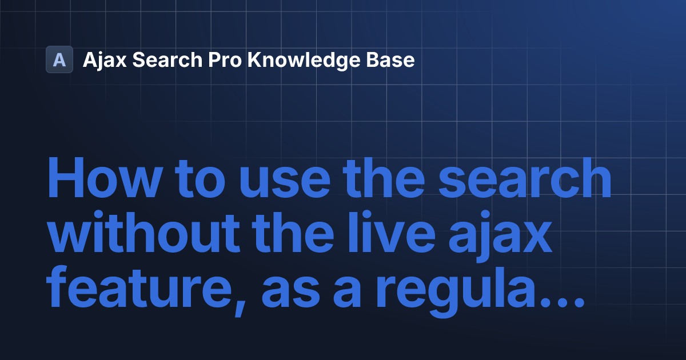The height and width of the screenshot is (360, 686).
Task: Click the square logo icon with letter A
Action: point(59,59)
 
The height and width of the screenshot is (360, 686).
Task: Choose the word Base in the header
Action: point(390,60)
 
